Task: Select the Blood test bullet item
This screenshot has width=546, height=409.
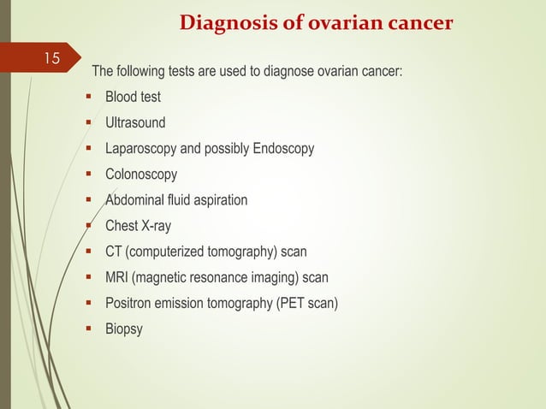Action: tap(133, 97)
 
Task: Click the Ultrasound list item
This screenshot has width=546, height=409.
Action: tap(135, 122)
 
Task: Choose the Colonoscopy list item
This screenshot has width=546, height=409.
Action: tap(141, 175)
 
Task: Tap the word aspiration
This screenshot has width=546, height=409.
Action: tap(218, 200)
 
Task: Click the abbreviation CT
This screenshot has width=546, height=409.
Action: tap(114, 252)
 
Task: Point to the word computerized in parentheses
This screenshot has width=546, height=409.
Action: tap(167, 252)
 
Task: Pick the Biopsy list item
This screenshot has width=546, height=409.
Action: tap(124, 329)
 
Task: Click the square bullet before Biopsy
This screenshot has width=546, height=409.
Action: tap(89, 329)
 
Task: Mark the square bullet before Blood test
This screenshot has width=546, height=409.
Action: tap(89, 96)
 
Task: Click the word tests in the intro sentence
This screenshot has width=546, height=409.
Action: tap(181, 70)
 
